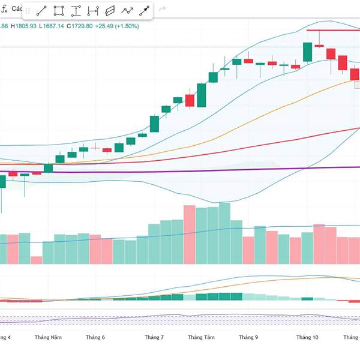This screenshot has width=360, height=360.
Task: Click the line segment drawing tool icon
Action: pos(41,11)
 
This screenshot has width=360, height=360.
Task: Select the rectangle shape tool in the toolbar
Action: pos(59,11)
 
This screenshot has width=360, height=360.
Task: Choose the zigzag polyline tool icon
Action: pos(127,11)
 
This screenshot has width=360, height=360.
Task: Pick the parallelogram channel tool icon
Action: pos(110,11)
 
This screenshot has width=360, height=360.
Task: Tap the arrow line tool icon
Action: pos(145,11)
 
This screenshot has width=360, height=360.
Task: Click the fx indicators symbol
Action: pos(4,10)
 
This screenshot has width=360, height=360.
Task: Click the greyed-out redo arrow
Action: pos(162,10)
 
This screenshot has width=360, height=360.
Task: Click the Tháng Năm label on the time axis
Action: pos(48,338)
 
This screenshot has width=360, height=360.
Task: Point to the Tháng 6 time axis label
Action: pos(95,338)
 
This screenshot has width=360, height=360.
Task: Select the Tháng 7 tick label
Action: pos(154,338)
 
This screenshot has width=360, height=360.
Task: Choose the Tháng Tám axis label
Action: pos(202,338)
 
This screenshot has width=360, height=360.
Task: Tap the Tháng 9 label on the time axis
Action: pos(248,338)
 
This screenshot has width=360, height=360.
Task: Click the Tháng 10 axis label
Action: pos(307,338)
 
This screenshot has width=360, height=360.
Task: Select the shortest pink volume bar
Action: pos(37,260)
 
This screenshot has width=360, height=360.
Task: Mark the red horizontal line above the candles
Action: pos(333,30)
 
